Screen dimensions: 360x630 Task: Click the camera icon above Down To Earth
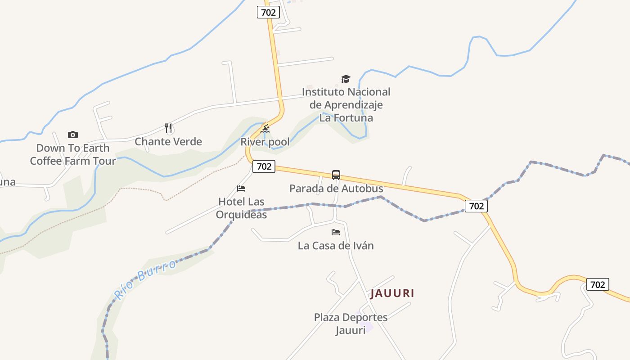pyautogui.click(x=72, y=135)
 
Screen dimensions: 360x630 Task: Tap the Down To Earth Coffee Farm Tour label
pyautogui.click(x=73, y=154)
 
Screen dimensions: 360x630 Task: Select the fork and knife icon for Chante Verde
pyautogui.click(x=169, y=129)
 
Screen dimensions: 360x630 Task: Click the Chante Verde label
pyautogui.click(x=168, y=142)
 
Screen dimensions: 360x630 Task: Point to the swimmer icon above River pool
pyautogui.click(x=265, y=130)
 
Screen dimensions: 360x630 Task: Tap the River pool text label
pyautogui.click(x=265, y=142)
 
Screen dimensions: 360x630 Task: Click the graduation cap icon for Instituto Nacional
pyautogui.click(x=346, y=79)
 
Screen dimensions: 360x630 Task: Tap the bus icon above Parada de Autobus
pyautogui.click(x=336, y=175)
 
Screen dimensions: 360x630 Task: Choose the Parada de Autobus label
pyautogui.click(x=336, y=189)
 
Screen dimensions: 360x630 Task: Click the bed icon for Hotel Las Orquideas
pyautogui.click(x=241, y=189)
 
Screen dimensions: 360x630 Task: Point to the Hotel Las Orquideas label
pyautogui.click(x=241, y=208)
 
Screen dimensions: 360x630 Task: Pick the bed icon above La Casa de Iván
pyautogui.click(x=336, y=232)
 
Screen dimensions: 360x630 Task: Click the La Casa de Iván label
pyautogui.click(x=336, y=246)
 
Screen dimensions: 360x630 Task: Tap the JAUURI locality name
pyautogui.click(x=392, y=293)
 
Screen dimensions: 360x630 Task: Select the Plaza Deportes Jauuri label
pyautogui.click(x=351, y=324)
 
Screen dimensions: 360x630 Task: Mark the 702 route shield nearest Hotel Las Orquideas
pyautogui.click(x=264, y=166)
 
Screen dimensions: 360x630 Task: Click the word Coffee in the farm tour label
pyautogui.click(x=48, y=161)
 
